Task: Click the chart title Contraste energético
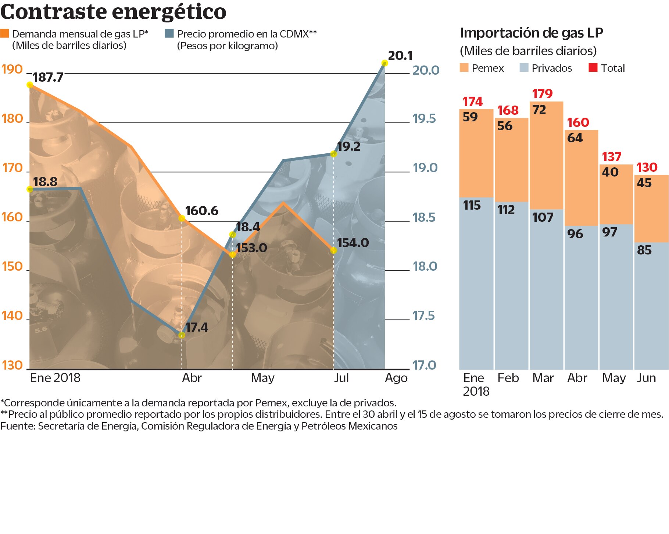(x=113, y=12)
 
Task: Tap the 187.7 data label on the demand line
(x=48, y=77)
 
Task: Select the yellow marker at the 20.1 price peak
(x=385, y=63)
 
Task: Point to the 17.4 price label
(x=196, y=327)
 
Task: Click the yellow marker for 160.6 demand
(x=182, y=218)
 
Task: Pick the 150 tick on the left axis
(x=12, y=266)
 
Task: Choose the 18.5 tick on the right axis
(x=424, y=217)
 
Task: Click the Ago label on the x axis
(x=396, y=378)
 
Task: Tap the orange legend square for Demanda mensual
(x=4, y=33)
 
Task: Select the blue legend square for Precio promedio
(x=169, y=33)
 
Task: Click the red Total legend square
(x=593, y=68)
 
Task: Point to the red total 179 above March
(x=542, y=94)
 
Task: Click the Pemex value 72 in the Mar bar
(x=539, y=110)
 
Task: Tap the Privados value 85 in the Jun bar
(x=644, y=250)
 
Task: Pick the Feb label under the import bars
(x=508, y=378)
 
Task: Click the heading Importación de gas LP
(x=531, y=33)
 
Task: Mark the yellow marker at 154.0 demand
(x=333, y=250)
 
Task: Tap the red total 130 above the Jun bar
(x=647, y=167)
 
